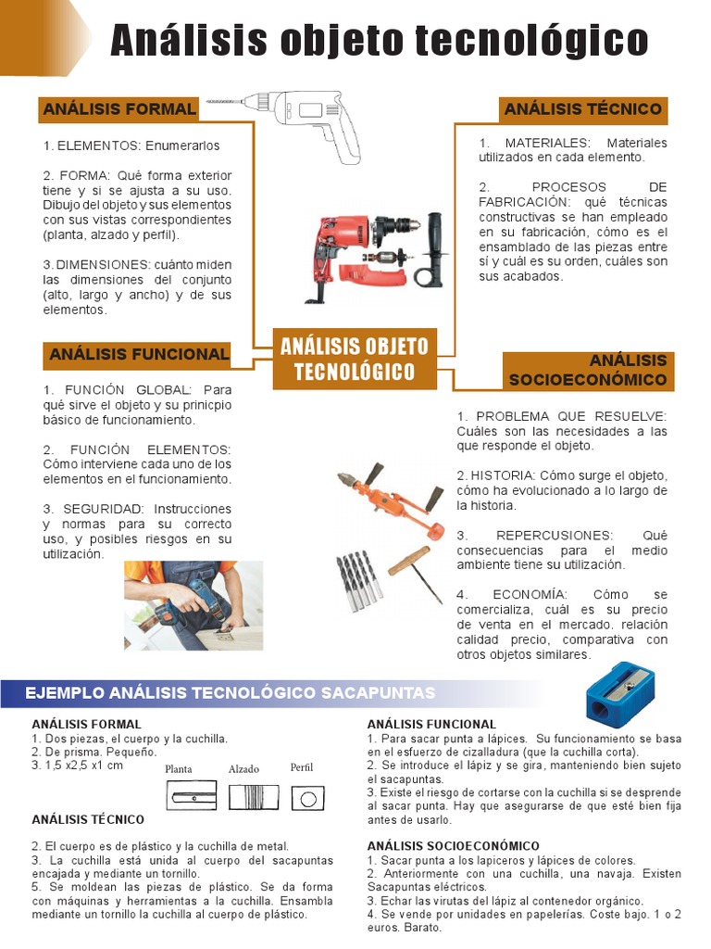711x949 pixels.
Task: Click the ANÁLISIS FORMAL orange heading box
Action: click(x=118, y=109)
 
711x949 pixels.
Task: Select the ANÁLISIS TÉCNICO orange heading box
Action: click(x=583, y=109)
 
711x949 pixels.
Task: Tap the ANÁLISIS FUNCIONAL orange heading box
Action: click(x=138, y=354)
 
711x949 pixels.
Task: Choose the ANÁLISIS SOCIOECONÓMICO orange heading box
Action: click(x=589, y=371)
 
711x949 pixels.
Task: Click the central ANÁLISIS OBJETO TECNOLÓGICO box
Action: click(x=355, y=360)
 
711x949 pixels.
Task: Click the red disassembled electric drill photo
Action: click(x=375, y=255)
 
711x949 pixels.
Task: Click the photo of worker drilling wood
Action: click(x=193, y=604)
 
